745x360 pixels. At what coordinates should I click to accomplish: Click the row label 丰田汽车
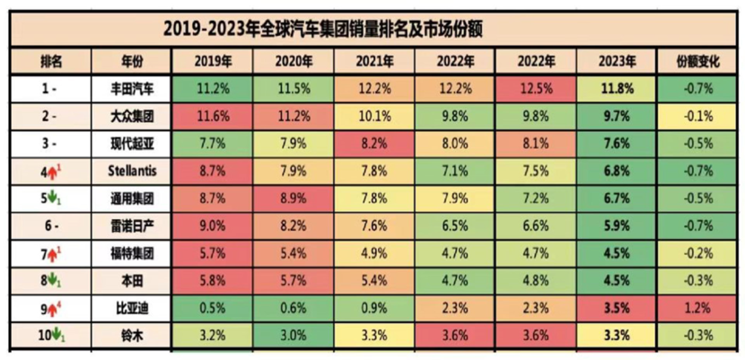point(131,89)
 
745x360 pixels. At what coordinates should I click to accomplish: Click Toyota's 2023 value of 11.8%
point(618,89)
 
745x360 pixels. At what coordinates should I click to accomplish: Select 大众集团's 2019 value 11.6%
point(212,116)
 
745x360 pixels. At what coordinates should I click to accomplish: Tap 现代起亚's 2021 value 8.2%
point(373,142)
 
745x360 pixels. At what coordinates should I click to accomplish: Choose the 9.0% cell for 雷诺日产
point(212,225)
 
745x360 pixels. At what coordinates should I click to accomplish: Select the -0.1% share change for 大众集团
point(697,116)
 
